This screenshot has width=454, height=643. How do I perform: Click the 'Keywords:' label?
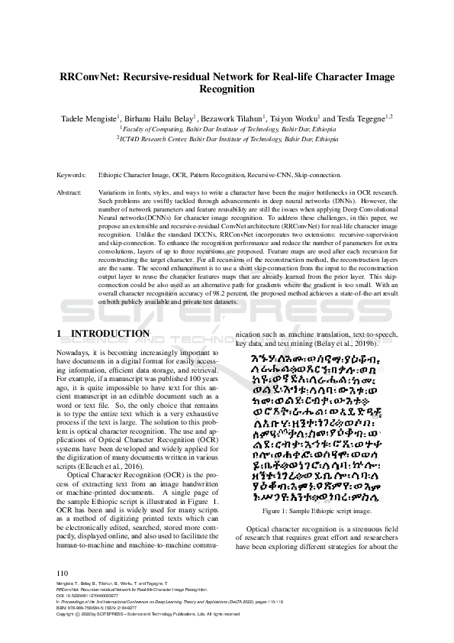pyautogui.click(x=71, y=175)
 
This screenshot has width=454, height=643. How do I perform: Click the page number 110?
pyautogui.click(x=63, y=573)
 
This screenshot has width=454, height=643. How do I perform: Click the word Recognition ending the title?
pyautogui.click(x=227, y=90)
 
